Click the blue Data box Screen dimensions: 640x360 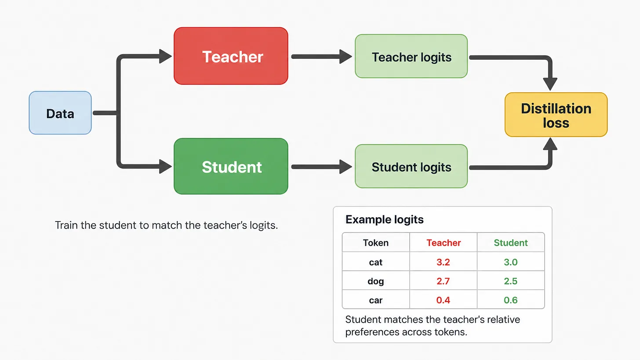click(x=60, y=113)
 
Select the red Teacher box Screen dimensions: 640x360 click(x=231, y=56)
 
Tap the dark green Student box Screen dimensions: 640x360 click(x=231, y=166)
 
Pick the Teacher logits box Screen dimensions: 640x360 click(x=411, y=56)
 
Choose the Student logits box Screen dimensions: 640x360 click(x=411, y=166)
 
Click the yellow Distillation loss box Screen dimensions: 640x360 click(x=556, y=115)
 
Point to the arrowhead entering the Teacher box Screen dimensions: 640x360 click(x=165, y=56)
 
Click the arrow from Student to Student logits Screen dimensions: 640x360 click(x=321, y=167)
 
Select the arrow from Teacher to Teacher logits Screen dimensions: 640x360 click(x=321, y=57)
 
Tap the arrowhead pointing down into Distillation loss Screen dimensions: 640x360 click(x=550, y=84)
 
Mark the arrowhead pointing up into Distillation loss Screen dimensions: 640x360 click(x=550, y=144)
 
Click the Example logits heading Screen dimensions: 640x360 click(x=384, y=219)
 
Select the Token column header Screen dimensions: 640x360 click(x=376, y=243)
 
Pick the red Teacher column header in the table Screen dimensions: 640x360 click(x=444, y=243)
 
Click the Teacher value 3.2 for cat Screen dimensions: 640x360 click(x=443, y=262)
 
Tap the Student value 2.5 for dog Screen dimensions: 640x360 click(x=511, y=281)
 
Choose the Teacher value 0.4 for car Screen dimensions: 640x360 click(x=443, y=300)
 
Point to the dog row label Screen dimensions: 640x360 click(x=376, y=281)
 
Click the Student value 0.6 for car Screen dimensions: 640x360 click(x=511, y=300)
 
